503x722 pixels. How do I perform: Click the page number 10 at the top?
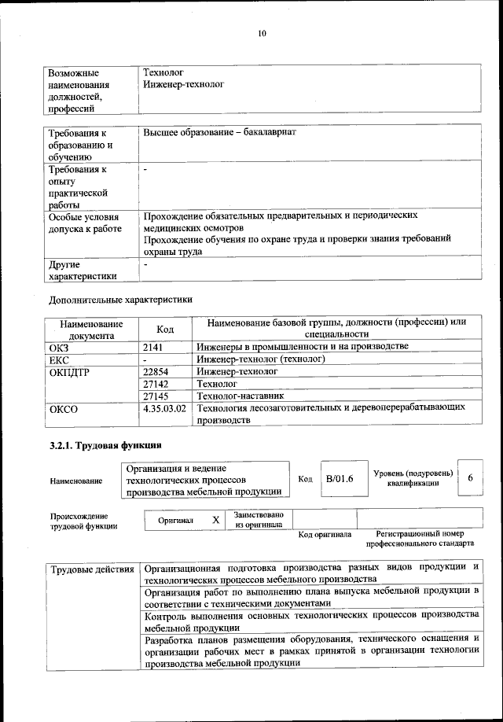click(x=262, y=33)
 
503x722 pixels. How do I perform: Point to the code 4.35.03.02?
click(x=165, y=409)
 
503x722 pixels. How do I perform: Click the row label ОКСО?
click(x=63, y=409)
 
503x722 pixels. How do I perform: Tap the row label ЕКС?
click(x=60, y=359)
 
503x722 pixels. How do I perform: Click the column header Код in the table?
click(x=165, y=329)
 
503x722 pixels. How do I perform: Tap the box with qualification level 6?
click(x=469, y=478)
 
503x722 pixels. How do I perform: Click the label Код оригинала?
click(x=325, y=535)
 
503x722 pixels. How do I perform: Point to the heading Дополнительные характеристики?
click(x=120, y=299)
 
